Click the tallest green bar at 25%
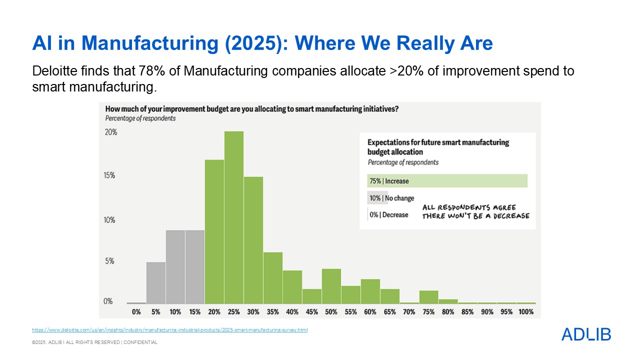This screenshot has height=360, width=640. tap(234, 217)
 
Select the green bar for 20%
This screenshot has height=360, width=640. tap(214, 231)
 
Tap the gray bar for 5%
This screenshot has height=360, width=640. tap(156, 282)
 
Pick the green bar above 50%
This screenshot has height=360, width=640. tap(331, 286)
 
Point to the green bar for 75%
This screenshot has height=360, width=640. tap(428, 297)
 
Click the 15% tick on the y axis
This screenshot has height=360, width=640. tap(110, 175)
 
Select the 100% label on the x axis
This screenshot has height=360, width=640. tap(526, 311)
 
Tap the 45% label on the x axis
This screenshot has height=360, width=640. tap(312, 311)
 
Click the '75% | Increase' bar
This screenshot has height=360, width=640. tap(447, 181)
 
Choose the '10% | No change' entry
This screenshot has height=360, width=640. tap(391, 198)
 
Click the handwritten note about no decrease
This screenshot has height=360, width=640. tap(475, 211)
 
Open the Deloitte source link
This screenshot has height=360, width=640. tap(169, 330)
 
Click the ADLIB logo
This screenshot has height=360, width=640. tap(586, 334)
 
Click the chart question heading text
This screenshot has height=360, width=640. tap(251, 109)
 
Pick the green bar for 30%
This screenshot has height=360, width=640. tap(253, 240)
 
